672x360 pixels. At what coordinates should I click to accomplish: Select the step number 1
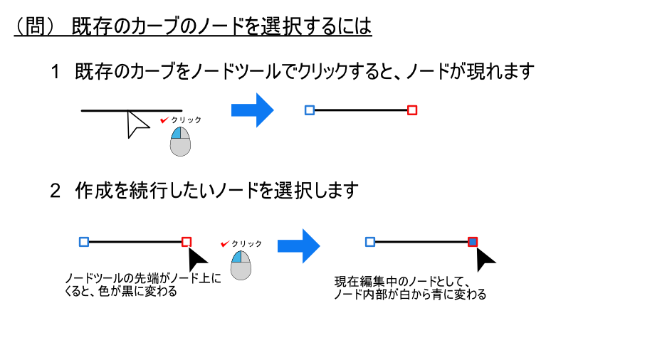pos(56,72)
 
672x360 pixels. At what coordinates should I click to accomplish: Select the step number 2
pos(56,191)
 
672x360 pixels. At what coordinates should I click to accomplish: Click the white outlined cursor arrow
pos(136,124)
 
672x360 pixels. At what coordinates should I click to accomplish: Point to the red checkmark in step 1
pos(164,120)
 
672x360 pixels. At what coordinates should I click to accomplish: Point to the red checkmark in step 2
pos(224,243)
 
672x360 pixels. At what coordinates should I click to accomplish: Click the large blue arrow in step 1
pos(252,110)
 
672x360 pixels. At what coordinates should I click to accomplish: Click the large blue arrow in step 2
pos(298,245)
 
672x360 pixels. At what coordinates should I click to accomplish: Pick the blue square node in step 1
pos(309,110)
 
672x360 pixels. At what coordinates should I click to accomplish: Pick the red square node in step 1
pos(411,110)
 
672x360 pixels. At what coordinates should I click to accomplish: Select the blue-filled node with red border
pos(473,242)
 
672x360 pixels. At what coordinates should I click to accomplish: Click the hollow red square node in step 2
pos(187,242)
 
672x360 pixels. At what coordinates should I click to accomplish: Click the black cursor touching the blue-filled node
pos(485,258)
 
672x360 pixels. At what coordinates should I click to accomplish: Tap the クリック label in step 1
pos(187,120)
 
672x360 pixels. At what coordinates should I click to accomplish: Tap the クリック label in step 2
pos(246,243)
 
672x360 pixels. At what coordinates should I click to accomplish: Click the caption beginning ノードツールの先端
pos(142,284)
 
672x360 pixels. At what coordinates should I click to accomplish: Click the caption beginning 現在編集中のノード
pos(410,287)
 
